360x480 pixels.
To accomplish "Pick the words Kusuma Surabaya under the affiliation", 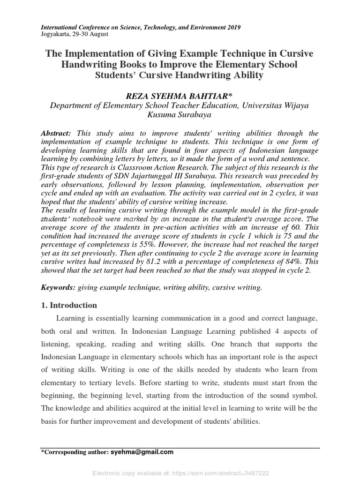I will click(180, 115).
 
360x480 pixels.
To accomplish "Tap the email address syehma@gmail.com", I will click(142, 452).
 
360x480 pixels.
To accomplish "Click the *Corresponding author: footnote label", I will click(75, 453).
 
